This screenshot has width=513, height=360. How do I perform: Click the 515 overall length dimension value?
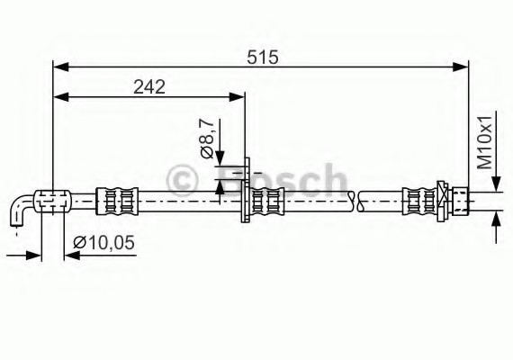pyautogui.click(x=261, y=57)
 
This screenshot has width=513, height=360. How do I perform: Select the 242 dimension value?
pyautogui.click(x=148, y=86)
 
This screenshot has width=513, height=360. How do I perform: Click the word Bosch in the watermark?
pyautogui.click(x=283, y=183)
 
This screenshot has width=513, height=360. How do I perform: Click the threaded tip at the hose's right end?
pyautogui.click(x=461, y=199)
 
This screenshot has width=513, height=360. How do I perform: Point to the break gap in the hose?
pyautogui.click(x=354, y=200)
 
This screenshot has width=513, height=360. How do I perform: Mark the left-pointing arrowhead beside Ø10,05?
pyautogui.click(x=71, y=255)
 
